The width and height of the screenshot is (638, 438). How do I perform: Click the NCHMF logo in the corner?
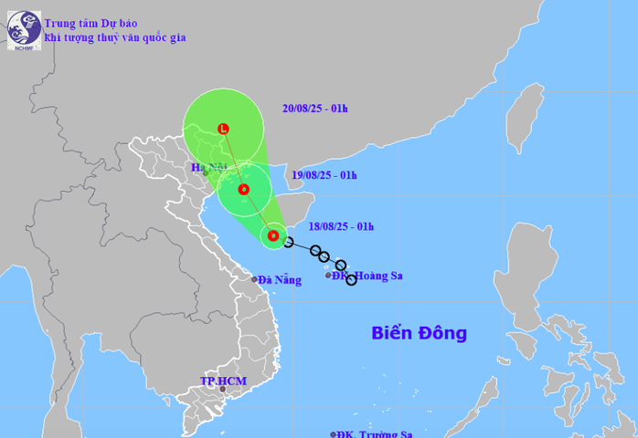[24, 29]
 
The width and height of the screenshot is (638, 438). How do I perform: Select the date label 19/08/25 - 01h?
[324, 174]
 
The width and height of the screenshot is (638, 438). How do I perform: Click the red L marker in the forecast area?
[224, 129]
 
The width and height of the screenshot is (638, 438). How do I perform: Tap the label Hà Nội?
[209, 167]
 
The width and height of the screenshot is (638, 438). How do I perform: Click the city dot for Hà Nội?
[207, 173]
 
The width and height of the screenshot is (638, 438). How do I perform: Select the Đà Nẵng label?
[279, 280]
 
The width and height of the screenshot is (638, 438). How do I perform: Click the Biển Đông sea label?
[419, 333]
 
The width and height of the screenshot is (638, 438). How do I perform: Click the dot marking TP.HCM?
[221, 389]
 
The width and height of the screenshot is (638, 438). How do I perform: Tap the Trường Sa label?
[375, 434]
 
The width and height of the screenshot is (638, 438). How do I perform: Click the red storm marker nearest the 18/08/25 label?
[272, 237]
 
